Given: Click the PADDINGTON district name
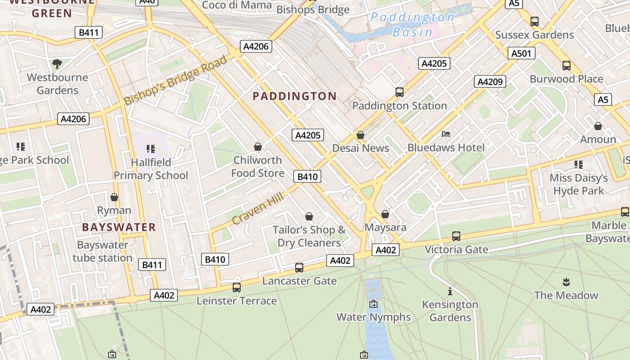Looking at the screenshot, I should pyautogui.click(x=294, y=96).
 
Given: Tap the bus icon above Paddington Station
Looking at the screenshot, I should pyautogui.click(x=399, y=92).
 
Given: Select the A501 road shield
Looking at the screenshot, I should pyautogui.click(x=522, y=54).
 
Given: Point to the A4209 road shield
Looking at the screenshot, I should pyautogui.click(x=490, y=82).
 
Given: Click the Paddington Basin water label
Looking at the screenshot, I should pyautogui.click(x=412, y=25).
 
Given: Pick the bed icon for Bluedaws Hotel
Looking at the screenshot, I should pyautogui.click(x=446, y=134).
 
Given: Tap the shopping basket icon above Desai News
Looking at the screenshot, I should pyautogui.click(x=360, y=135).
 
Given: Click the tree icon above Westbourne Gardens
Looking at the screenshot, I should pyautogui.click(x=57, y=64).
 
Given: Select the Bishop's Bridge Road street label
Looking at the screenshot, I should pyautogui.click(x=176, y=80).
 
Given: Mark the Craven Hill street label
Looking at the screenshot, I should pyautogui.click(x=258, y=207).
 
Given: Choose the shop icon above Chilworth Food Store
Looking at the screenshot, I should pyautogui.click(x=258, y=147).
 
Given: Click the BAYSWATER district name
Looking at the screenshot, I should pyautogui.click(x=119, y=227).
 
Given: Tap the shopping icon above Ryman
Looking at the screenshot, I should pyautogui.click(x=114, y=197).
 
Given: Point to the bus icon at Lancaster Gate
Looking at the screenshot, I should pyautogui.click(x=299, y=268).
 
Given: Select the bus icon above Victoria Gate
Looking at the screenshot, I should pyautogui.click(x=456, y=236).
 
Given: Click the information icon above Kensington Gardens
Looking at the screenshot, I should pyautogui.click(x=450, y=291).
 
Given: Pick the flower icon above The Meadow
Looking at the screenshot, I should pyautogui.click(x=566, y=282).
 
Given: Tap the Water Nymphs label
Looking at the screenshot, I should pyautogui.click(x=373, y=317).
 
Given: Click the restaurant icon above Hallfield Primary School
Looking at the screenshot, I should pyautogui.click(x=151, y=148).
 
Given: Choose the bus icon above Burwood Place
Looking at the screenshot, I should pyautogui.click(x=566, y=66).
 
